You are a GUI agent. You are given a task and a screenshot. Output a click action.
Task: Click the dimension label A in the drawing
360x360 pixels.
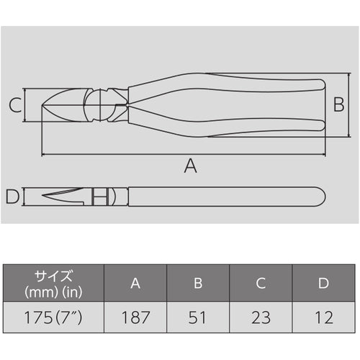(x=190, y=166)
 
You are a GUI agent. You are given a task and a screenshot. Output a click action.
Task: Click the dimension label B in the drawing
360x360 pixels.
(x=337, y=105)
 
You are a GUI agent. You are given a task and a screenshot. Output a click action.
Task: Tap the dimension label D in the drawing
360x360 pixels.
(x=12, y=196)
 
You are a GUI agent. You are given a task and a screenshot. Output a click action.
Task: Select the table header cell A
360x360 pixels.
(x=135, y=283)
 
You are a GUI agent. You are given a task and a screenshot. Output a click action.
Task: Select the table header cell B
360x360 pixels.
(x=198, y=283)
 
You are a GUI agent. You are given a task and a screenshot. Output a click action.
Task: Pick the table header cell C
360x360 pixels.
(x=261, y=283)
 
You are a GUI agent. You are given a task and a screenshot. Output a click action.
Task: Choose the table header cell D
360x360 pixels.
(x=323, y=283)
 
